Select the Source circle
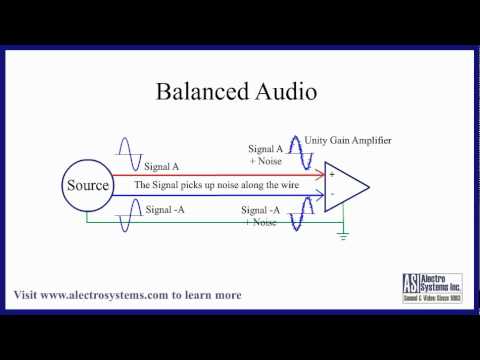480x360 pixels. [x=87, y=186]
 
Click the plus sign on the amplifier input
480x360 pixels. [x=331, y=174]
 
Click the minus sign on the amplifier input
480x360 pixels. [x=331, y=193]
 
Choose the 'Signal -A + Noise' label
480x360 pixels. [x=262, y=216]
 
